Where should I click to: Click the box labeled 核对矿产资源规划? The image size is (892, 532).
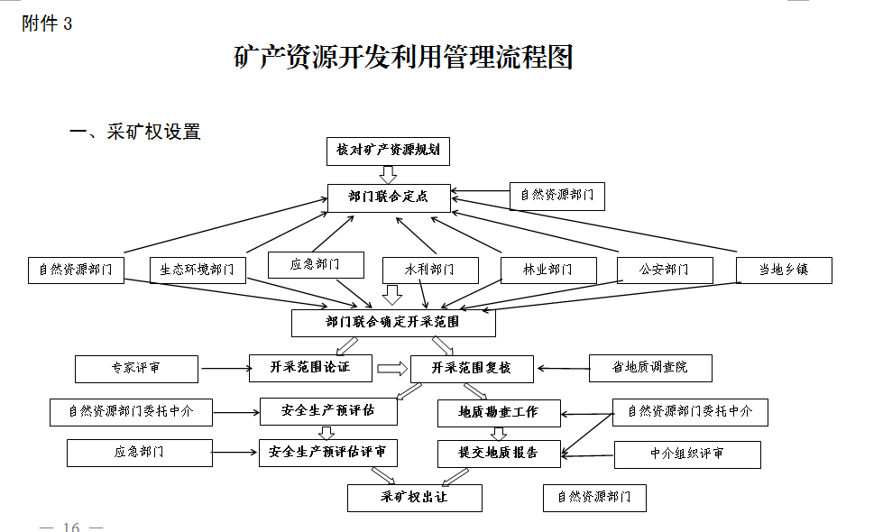coord(388,151)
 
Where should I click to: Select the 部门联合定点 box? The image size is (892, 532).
coord(389,198)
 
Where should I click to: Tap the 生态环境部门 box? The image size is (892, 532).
coord(198,271)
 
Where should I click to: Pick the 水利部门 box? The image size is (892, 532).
coord(430,271)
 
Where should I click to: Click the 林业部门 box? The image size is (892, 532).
coord(549,271)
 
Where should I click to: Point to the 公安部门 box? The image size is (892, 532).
coord(665,271)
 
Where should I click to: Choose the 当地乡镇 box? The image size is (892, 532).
coord(784,271)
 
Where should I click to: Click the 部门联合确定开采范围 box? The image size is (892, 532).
coord(393,323)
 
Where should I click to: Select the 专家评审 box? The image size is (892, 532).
coord(136,370)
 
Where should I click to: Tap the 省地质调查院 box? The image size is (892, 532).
coord(650,368)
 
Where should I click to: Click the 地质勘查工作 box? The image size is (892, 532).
coord(499,413)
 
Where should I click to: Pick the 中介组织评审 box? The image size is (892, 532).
coord(687,454)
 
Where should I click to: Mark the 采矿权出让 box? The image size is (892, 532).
coord(415,498)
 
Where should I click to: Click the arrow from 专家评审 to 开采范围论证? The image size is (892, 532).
coord(225,368)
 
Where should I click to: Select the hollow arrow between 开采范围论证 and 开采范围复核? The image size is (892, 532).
coord(392,369)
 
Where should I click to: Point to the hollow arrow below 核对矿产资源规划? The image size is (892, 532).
coord(388,175)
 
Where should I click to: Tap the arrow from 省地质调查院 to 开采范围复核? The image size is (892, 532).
coord(563,368)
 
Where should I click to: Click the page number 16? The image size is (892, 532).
coord(71,527)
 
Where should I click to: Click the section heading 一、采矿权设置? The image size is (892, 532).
coord(135,132)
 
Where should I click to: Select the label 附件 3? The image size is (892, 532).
coord(47,23)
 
